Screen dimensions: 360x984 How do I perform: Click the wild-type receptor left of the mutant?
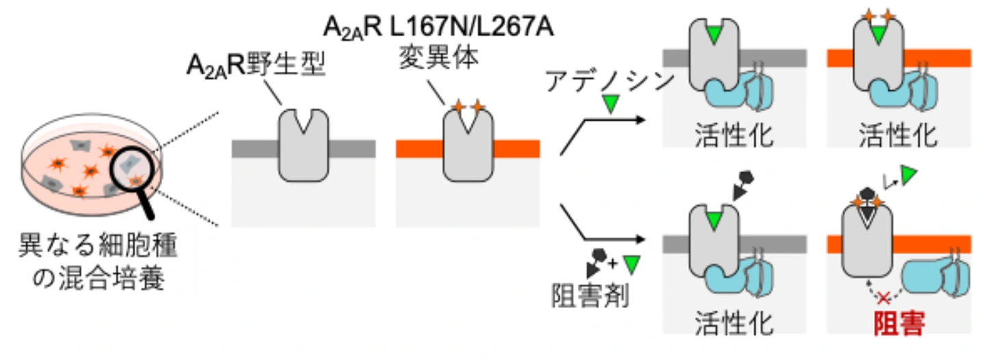point(304,147)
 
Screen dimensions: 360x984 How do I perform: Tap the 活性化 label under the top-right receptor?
point(899,137)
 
